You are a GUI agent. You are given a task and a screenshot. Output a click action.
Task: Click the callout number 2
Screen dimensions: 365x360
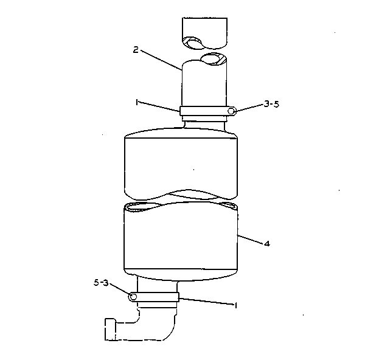(136, 50)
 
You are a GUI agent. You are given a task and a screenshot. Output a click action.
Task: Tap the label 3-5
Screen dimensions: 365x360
(271, 104)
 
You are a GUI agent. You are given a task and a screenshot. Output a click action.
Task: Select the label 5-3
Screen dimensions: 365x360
(101, 283)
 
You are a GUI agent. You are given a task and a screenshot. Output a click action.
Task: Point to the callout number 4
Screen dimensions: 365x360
(267, 244)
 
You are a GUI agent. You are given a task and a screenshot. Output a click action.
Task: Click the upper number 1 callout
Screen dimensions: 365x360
(137, 103)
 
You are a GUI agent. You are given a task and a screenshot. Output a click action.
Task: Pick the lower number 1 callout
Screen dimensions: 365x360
(236, 305)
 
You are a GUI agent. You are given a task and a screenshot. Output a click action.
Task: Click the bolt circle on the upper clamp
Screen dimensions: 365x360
(231, 111)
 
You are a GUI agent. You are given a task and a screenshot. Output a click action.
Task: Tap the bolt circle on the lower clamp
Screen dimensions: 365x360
(133, 297)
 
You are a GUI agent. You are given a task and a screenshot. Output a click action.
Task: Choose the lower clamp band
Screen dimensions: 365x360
(154, 297)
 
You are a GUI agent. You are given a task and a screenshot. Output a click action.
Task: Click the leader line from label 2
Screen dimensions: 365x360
(161, 60)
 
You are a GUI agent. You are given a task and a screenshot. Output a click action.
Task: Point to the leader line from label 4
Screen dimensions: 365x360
(250, 240)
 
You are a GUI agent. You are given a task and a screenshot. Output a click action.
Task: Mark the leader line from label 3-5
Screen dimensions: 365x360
(249, 108)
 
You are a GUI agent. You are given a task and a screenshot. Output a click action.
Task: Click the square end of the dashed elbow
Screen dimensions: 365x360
(110, 329)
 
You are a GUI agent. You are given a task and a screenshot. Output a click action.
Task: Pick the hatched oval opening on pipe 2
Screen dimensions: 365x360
(214, 59)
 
